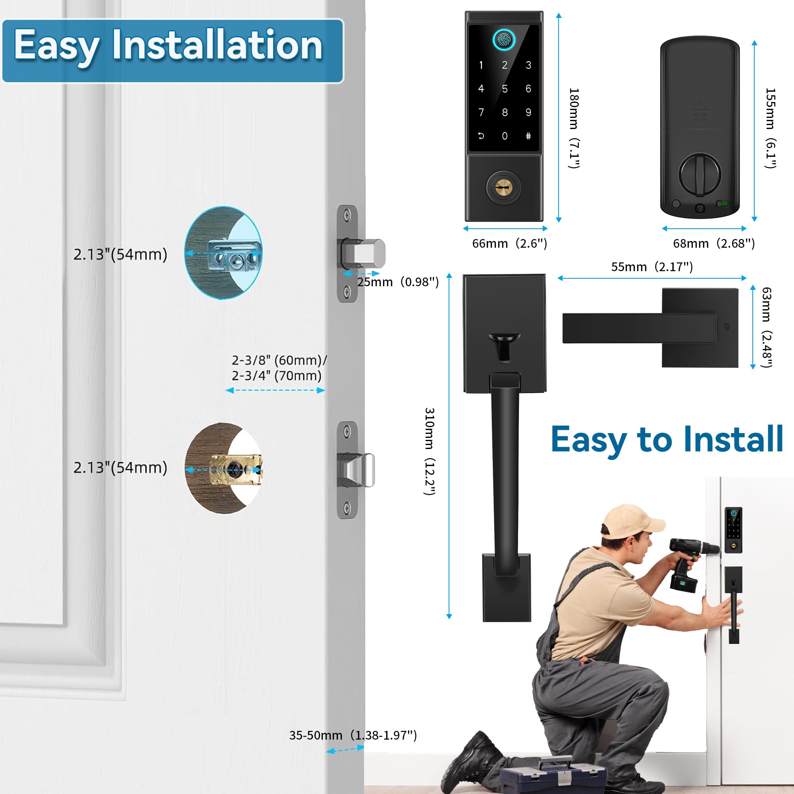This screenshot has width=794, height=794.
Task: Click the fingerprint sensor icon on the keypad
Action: coord(504,40)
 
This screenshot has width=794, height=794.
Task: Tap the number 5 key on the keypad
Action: coord(505,89)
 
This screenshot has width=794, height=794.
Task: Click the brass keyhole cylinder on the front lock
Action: coord(503,187)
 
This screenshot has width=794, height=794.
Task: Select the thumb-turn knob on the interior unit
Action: coord(700,173)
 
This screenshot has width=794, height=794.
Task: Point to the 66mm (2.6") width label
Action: coord(509,244)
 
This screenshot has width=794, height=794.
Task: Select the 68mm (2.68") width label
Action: coord(713,244)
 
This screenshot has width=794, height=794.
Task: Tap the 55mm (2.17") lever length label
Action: coord(652,267)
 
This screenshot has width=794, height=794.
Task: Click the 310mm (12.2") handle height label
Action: coord(430,451)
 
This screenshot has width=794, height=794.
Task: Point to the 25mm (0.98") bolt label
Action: coord(397,282)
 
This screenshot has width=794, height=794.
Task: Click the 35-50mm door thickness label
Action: coord(353,735)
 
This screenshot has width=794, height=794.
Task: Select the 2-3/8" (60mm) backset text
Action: coord(279,360)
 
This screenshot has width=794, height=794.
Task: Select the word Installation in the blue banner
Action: coord(217,45)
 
